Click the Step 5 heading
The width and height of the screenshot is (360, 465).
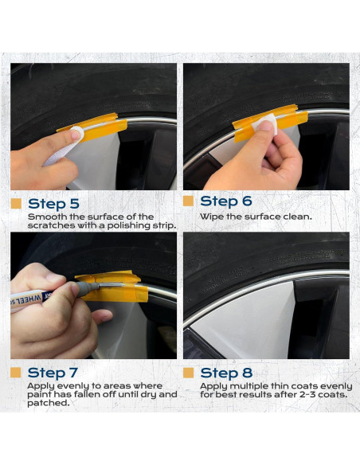(53, 204)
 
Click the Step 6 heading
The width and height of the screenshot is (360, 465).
(226, 201)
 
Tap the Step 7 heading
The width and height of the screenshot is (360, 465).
(53, 373)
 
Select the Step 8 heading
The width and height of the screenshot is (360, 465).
(226, 373)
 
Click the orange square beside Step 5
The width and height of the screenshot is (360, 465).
(16, 204)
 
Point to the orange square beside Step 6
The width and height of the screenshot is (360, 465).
(188, 201)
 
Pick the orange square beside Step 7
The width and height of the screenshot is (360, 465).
(16, 373)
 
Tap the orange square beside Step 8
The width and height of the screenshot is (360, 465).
(188, 373)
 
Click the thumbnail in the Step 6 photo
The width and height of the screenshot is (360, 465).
(267, 126)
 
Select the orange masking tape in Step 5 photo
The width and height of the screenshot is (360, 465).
(95, 127)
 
